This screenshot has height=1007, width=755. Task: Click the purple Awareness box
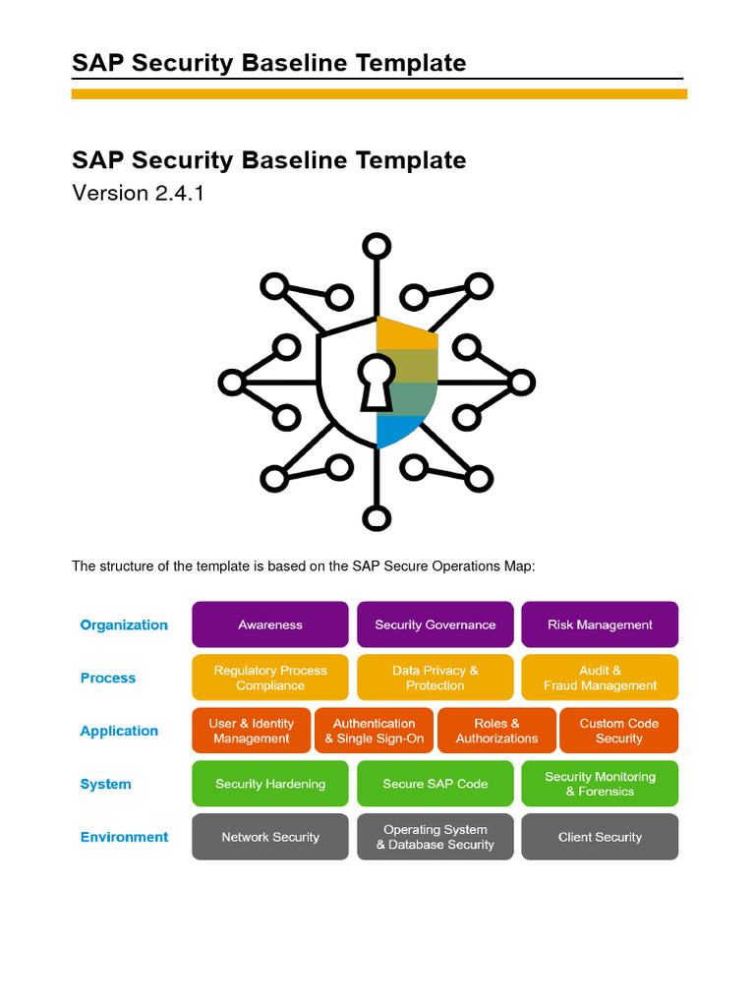[270, 624]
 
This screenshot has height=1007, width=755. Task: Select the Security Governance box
[435, 624]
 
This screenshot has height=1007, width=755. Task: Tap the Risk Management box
[600, 624]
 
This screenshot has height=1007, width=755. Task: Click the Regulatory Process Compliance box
[270, 678]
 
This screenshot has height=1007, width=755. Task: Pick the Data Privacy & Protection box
[435, 678]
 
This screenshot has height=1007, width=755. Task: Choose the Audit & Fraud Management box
[600, 678]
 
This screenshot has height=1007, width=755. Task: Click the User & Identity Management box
[252, 731]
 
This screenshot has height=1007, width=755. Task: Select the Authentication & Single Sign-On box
[375, 731]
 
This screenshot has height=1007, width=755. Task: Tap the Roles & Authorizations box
[496, 731]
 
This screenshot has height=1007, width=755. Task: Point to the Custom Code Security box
[618, 731]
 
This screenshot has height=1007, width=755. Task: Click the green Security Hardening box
[270, 784]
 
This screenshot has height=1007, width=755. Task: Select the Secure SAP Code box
[435, 784]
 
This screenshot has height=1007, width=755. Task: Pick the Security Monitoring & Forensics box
[600, 784]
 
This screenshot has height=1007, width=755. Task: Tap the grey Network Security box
[270, 837]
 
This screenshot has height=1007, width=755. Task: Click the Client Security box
[600, 837]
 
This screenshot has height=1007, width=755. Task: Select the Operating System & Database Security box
[435, 837]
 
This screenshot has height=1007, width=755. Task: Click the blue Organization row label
[124, 624]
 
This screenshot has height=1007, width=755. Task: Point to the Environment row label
[124, 837]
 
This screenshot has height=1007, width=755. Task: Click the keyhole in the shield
[375, 382]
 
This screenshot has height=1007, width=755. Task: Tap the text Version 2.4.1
[138, 193]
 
